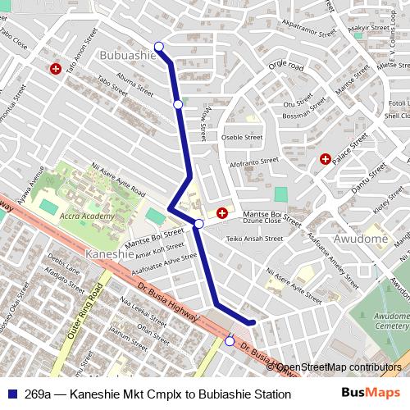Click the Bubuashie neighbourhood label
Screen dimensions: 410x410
coord(126,54)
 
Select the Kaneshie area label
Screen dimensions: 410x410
coord(108,254)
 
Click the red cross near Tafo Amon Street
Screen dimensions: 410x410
coord(56,70)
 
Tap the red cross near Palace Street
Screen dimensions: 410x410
coord(326,158)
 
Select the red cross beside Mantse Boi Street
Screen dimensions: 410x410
coord(222,214)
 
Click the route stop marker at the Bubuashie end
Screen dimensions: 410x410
coord(159,46)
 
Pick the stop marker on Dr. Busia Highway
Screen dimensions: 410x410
coord(230,341)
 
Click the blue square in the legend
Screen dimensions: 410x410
coord(12,394)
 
